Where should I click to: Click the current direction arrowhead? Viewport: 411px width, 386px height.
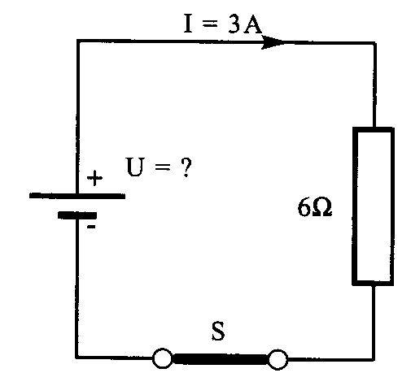273,42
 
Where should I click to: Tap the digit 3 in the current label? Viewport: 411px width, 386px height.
234,24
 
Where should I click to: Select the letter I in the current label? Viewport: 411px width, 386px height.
188,24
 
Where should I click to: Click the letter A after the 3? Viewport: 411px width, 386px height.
252,24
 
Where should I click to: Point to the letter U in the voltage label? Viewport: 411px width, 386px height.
135,167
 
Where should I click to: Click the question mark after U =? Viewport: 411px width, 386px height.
186,167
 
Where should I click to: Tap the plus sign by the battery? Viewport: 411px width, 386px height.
94,178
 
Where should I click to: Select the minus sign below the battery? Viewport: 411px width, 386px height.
91,227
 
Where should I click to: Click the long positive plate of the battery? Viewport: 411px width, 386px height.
77,196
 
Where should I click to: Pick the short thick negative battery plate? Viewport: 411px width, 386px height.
77,215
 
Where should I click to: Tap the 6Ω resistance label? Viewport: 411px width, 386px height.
315,207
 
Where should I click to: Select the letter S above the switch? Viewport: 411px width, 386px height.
218,331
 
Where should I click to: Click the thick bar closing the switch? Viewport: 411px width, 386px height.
220,359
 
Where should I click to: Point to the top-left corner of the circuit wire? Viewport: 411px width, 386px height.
78,41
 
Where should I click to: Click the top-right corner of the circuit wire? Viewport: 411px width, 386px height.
374,43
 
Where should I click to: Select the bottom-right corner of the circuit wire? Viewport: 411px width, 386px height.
374,360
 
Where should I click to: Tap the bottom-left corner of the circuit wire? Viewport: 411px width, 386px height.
77,358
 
